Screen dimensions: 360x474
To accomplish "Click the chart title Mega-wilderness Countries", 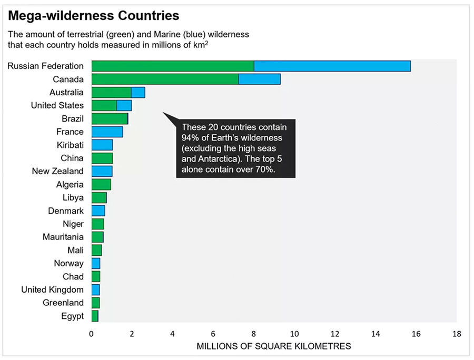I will (93, 15).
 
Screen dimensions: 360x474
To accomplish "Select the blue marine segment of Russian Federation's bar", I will (332, 66).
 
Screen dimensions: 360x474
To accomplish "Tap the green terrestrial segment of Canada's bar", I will (165, 79).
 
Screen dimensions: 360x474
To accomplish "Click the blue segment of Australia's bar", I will (138, 92).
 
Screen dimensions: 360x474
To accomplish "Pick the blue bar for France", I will (107, 132).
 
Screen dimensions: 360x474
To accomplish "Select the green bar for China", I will (102, 158).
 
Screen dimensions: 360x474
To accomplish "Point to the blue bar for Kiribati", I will (102, 145).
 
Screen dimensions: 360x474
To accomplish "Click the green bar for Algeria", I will (101, 184).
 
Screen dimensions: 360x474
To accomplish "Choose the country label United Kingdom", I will (52, 289).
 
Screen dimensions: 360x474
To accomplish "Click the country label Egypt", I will (72, 316).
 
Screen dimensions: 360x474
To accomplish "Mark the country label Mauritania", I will (63, 237).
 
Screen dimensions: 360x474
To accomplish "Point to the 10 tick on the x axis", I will (294, 334).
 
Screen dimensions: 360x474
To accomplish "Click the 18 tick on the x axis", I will (456, 334).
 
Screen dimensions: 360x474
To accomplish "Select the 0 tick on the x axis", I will (92, 334).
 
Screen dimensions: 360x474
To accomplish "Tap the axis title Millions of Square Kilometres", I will (273, 346).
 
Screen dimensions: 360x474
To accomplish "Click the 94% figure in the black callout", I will (190, 138).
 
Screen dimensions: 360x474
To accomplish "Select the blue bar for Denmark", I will (98, 211).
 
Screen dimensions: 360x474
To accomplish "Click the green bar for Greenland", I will (95, 303).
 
